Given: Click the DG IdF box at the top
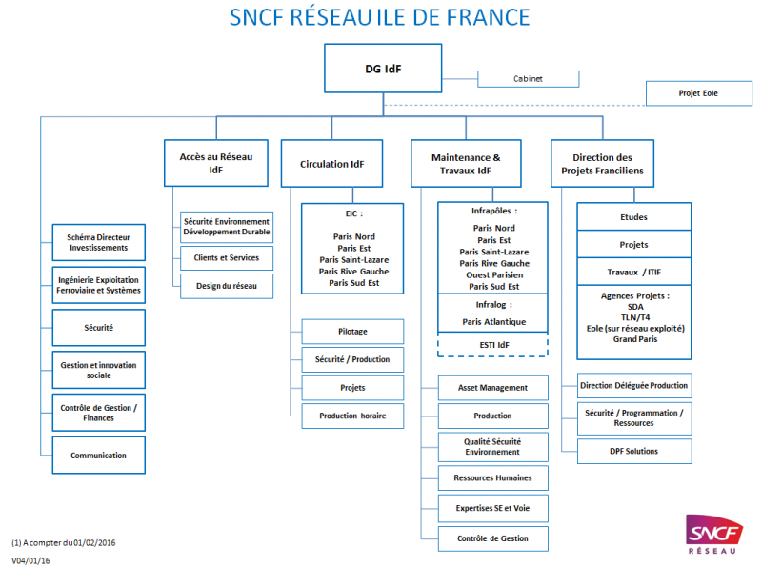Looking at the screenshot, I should [383, 70].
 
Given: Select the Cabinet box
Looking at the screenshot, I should [528, 79].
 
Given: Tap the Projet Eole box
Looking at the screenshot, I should [698, 93].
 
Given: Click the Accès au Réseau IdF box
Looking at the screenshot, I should [215, 163].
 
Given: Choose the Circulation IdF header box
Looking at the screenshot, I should [331, 164].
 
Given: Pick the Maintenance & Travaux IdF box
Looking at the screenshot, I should [465, 163].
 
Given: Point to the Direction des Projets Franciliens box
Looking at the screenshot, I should [603, 163].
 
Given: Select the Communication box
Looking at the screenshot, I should [98, 456].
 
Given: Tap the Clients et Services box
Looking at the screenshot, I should [227, 258].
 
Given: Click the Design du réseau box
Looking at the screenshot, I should [227, 286].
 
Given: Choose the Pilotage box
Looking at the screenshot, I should [352, 332].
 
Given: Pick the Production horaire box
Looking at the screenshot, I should [352, 416].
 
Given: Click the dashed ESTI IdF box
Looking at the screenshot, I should [493, 344].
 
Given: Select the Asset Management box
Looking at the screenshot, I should [493, 388].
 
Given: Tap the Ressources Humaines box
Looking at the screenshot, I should [493, 477].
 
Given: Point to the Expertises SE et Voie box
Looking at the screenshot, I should [493, 508].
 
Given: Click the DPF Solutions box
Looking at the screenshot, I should [633, 451].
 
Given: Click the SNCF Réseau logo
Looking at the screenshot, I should [715, 535].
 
